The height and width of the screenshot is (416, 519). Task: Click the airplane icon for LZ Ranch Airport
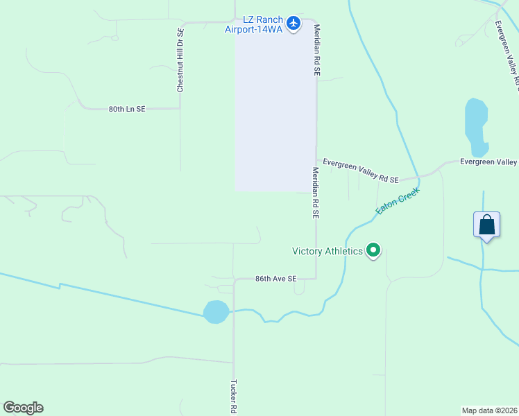[293, 24]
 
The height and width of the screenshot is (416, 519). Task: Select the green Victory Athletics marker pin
[373, 250]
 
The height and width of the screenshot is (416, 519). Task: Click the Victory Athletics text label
[327, 251]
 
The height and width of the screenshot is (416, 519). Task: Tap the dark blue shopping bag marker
[486, 225]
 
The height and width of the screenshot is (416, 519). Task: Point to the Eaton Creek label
[398, 200]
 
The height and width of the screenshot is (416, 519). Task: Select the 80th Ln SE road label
[127, 109]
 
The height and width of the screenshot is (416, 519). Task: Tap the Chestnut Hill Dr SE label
[180, 60]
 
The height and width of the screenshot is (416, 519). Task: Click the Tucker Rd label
[234, 397]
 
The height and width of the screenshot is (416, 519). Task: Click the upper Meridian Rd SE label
[316, 51]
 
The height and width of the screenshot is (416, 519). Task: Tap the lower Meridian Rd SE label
[315, 193]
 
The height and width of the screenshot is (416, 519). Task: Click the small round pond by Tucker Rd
[216, 312]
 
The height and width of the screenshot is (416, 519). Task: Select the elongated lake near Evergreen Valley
[476, 127]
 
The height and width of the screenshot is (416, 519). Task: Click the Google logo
[23, 408]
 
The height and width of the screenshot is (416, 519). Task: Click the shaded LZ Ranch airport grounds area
[275, 111]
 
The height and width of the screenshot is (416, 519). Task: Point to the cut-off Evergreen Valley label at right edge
[489, 162]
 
